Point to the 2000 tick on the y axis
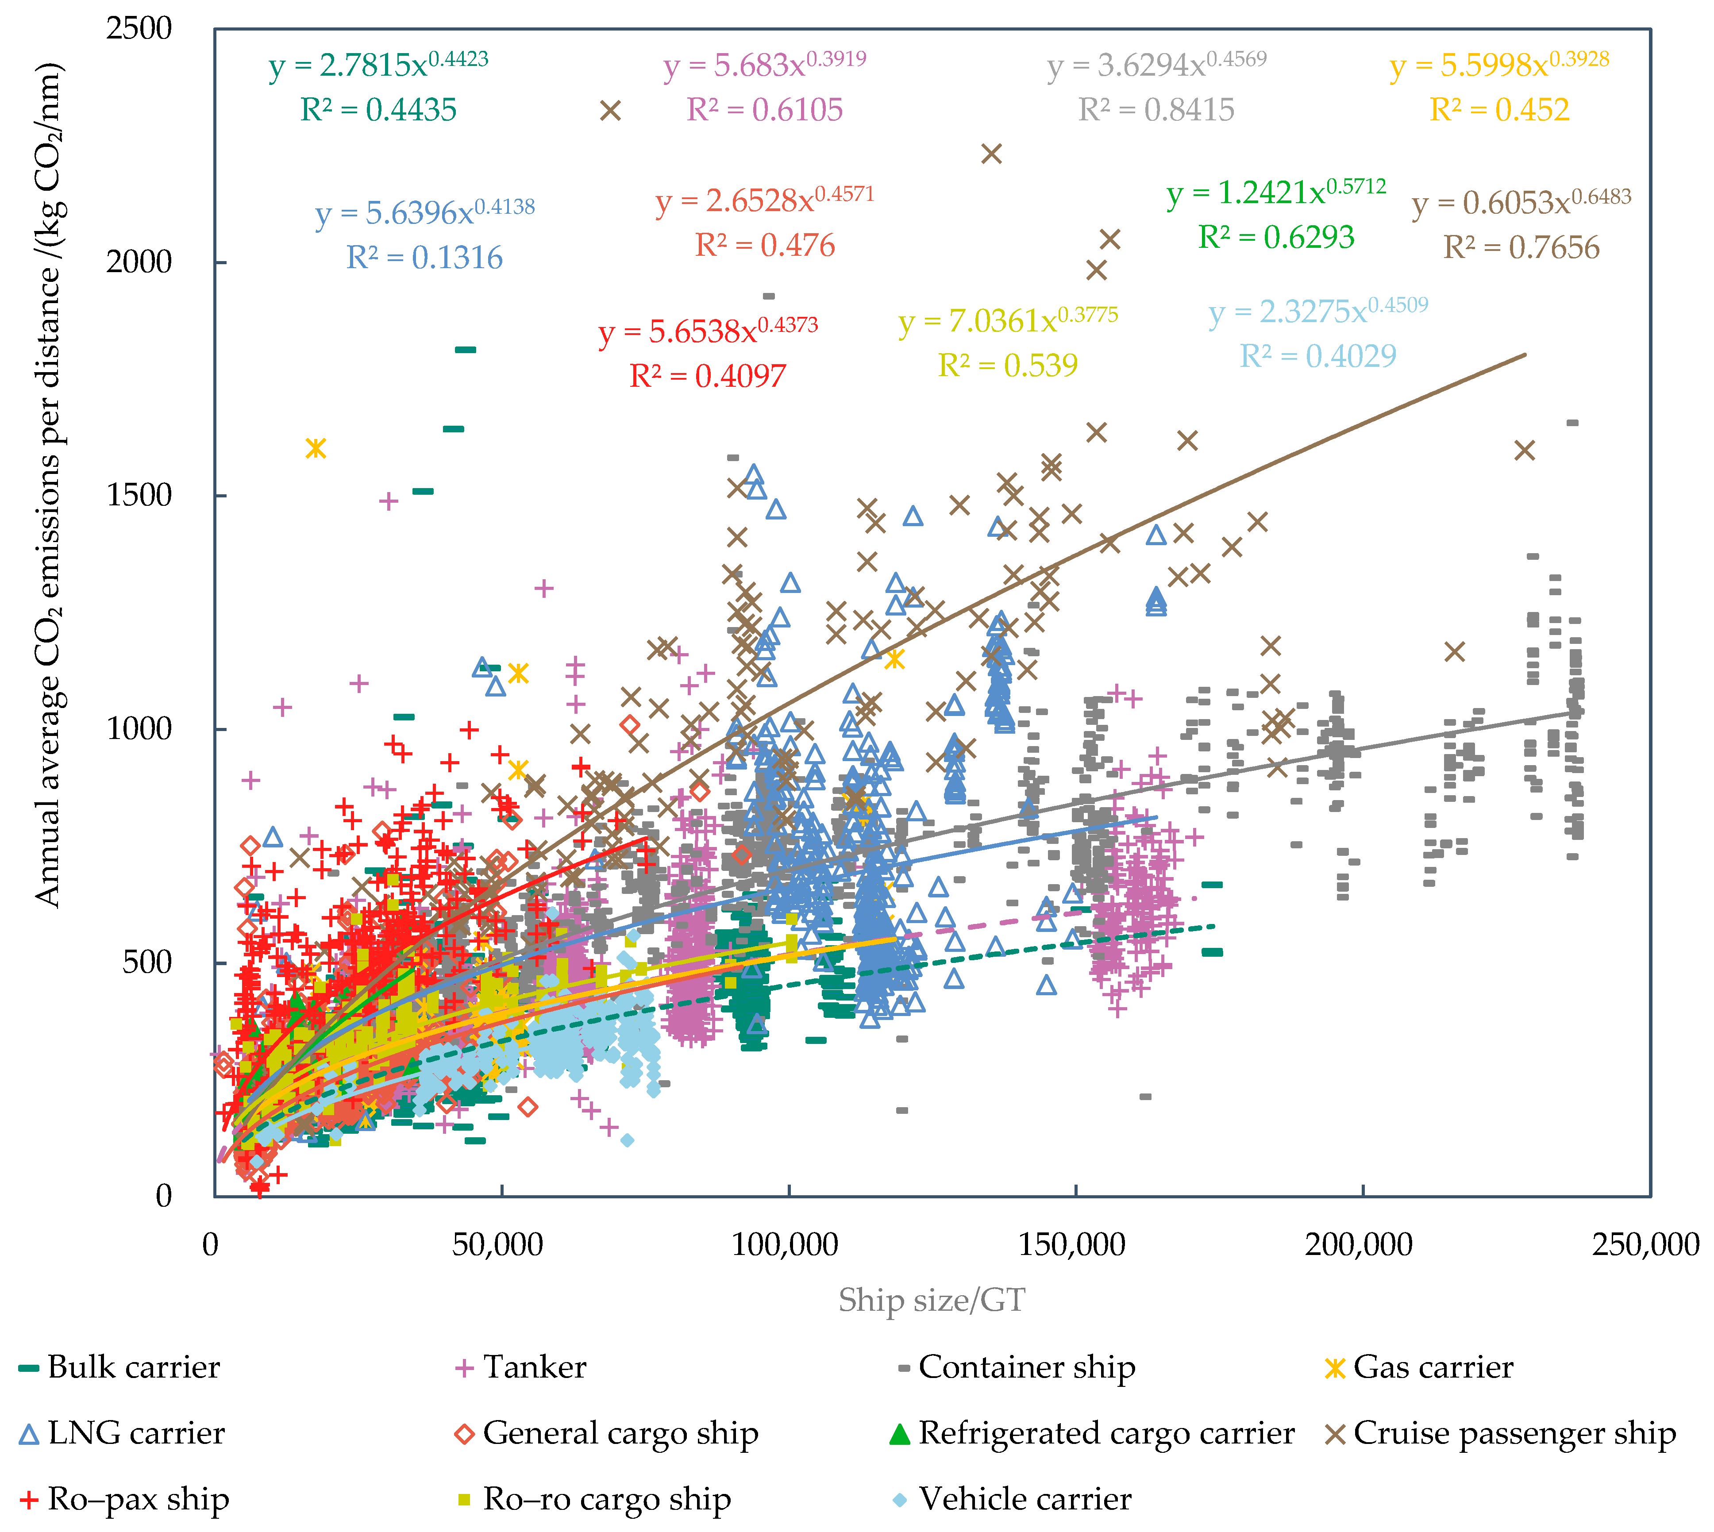(x=139, y=262)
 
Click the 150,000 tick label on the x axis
(x=1072, y=1244)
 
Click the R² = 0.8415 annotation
(x=1156, y=109)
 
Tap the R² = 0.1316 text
(x=424, y=258)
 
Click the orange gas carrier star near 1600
(x=316, y=448)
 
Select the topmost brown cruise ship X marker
(x=610, y=110)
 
